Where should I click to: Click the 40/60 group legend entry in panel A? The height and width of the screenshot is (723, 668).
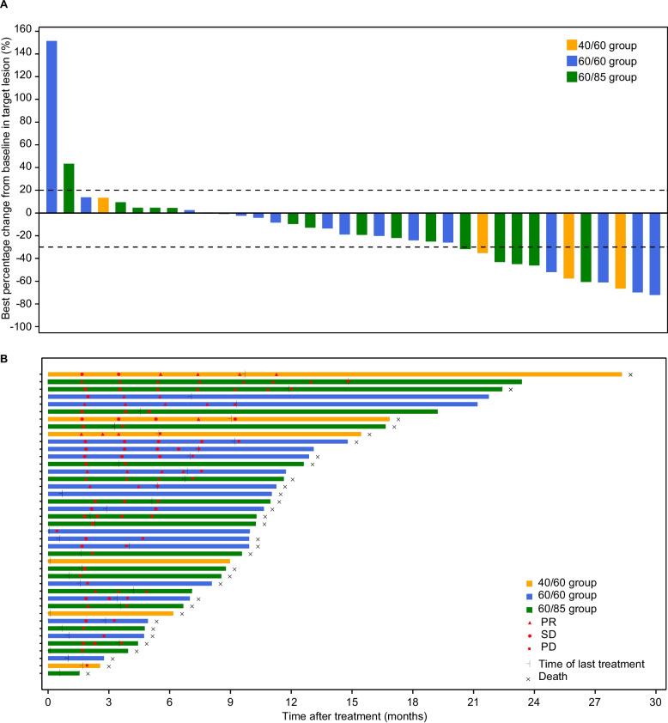[x=601, y=46]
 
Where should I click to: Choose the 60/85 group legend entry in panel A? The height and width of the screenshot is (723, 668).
[x=601, y=76]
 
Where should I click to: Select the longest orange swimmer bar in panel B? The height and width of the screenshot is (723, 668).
[x=335, y=374]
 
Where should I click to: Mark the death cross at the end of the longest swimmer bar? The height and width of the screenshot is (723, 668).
[x=630, y=374]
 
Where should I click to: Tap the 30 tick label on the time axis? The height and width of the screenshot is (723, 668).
[x=656, y=700]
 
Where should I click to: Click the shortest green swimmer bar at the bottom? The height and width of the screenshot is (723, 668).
[x=64, y=673]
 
